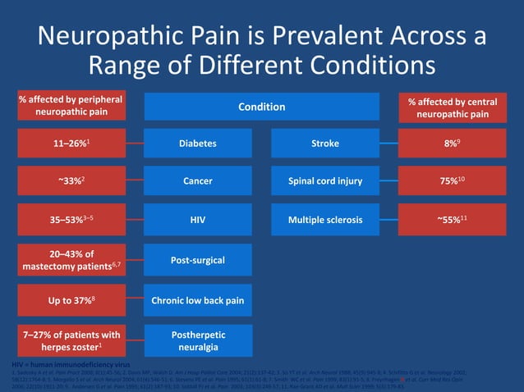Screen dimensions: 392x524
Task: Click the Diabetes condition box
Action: coord(197,144)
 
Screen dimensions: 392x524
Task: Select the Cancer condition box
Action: coord(197,181)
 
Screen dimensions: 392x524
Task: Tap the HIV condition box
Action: coord(197,220)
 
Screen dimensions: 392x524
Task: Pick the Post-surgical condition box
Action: coord(197,260)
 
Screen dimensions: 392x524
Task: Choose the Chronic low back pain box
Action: coord(197,301)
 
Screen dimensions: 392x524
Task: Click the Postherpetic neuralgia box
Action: coord(197,341)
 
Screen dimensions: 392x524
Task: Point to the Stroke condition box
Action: coord(325,144)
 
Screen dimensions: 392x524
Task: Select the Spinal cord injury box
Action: coord(325,181)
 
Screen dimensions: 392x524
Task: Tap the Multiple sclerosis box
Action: coord(325,220)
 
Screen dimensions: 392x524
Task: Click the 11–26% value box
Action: coord(72,144)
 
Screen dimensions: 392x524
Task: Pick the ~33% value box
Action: coord(72,181)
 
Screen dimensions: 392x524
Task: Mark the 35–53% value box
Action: coord(72,220)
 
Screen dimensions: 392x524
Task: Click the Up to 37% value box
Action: coord(72,301)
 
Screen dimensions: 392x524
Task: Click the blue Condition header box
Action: coord(262,107)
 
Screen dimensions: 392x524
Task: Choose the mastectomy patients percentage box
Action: coord(72,260)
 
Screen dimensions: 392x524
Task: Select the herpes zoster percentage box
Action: coord(72,341)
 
